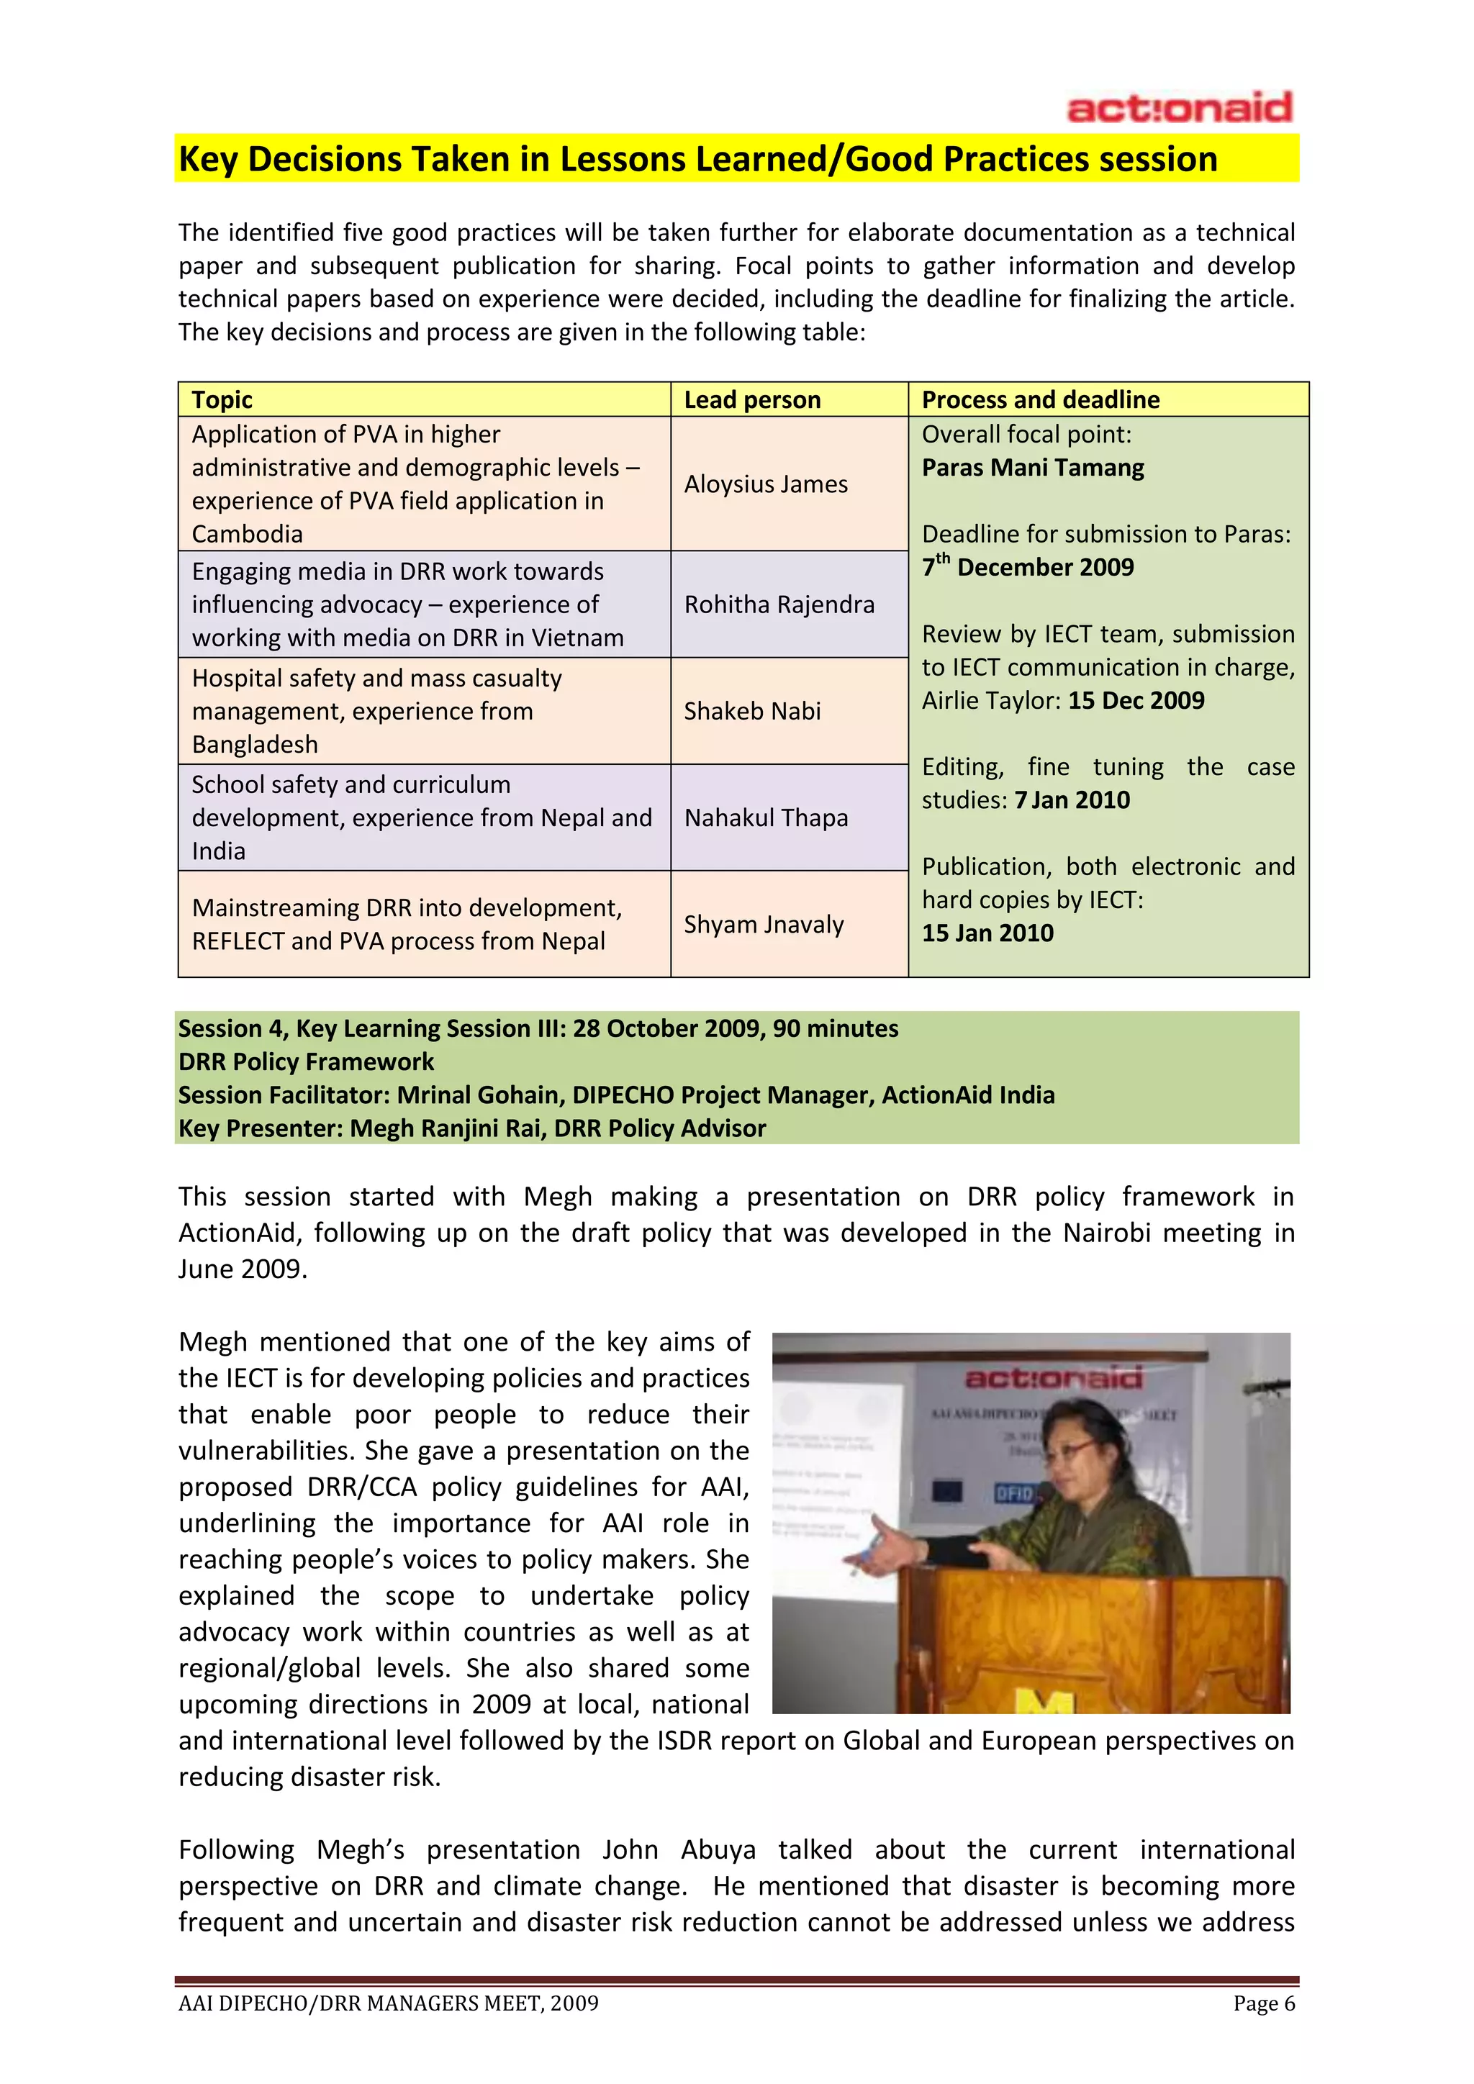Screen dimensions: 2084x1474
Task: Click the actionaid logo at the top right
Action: (1179, 108)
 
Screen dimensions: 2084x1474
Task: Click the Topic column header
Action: (222, 399)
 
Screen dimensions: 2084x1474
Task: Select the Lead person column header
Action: (751, 399)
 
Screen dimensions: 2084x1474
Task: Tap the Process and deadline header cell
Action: (1040, 399)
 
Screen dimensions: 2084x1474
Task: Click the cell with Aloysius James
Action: (765, 484)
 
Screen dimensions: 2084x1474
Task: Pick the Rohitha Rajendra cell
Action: (779, 604)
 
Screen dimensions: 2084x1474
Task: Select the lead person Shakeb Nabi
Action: (751, 711)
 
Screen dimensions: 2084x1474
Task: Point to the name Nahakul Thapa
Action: (765, 817)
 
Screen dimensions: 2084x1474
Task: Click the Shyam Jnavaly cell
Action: (764, 924)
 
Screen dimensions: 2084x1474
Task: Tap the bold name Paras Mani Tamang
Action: (1033, 468)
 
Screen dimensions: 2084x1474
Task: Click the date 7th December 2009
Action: (1028, 567)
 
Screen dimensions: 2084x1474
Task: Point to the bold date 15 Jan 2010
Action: (987, 933)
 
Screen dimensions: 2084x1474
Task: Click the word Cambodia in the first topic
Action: (247, 534)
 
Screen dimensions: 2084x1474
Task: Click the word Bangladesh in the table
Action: (255, 744)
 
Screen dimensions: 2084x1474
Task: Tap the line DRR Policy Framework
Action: (306, 1061)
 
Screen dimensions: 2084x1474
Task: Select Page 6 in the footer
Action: (1263, 2003)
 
